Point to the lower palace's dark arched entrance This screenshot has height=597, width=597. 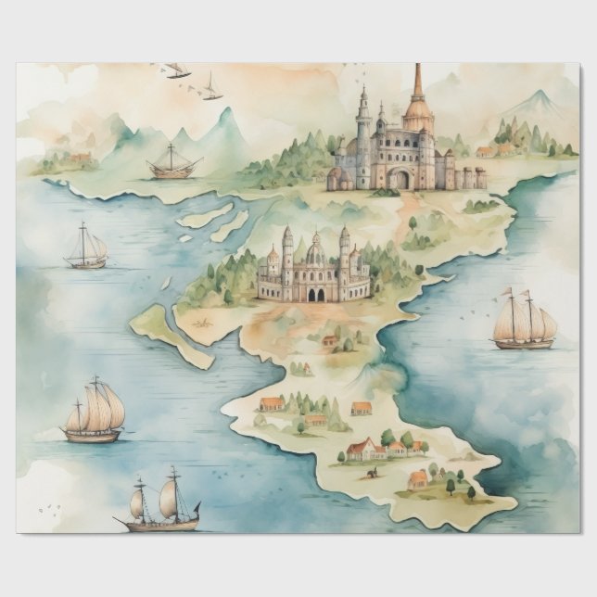tap(315, 294)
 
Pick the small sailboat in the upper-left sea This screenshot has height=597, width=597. tap(86, 250)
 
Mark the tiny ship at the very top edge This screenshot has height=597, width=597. tap(176, 70)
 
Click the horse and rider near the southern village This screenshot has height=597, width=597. tap(373, 472)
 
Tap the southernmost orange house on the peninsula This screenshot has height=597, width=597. tap(418, 479)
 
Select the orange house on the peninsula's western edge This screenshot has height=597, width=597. tap(272, 403)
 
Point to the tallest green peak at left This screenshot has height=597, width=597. tap(223, 118)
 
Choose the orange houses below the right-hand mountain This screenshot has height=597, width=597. tap(486, 151)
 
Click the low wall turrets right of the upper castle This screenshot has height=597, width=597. tap(469, 177)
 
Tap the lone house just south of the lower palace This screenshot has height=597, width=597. tap(330, 341)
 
